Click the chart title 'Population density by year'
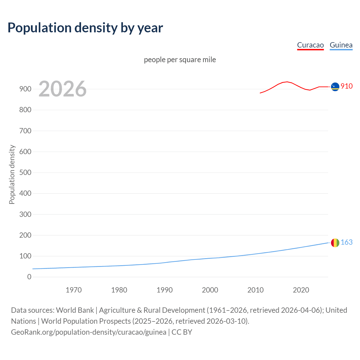point(85,28)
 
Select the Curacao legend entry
point(310,45)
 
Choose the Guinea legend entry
point(341,45)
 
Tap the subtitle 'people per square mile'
point(180,60)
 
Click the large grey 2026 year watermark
point(62,89)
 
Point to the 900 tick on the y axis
point(25,89)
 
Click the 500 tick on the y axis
point(25,172)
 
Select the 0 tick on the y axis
point(29,277)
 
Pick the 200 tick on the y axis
point(25,235)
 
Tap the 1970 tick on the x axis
point(74,290)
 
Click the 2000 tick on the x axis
point(210,290)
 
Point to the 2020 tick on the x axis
point(301,290)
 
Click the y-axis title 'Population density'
point(12,174)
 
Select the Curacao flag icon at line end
point(335,87)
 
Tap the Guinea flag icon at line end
point(335,243)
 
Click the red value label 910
point(346,86)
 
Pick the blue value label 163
point(346,242)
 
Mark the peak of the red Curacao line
point(287,82)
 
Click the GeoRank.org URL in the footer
point(89,332)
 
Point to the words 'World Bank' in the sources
point(75,310)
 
